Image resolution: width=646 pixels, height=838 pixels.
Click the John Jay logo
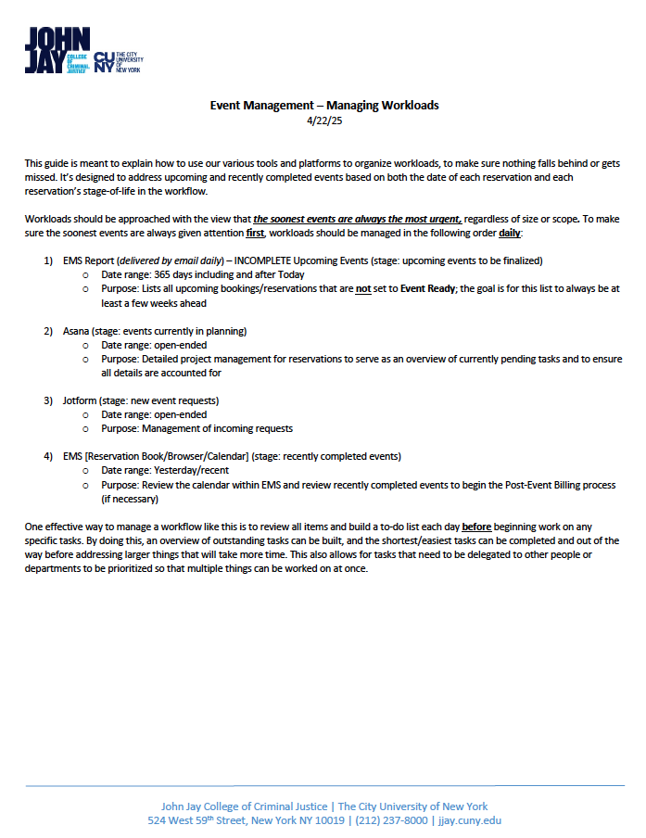click(57, 50)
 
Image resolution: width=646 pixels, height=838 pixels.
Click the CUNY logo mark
click(105, 62)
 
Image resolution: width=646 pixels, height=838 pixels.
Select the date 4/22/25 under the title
click(323, 120)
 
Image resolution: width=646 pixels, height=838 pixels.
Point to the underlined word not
click(364, 288)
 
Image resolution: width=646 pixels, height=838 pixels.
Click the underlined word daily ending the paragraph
click(510, 233)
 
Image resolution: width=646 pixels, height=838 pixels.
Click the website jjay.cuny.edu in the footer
click(470, 820)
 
